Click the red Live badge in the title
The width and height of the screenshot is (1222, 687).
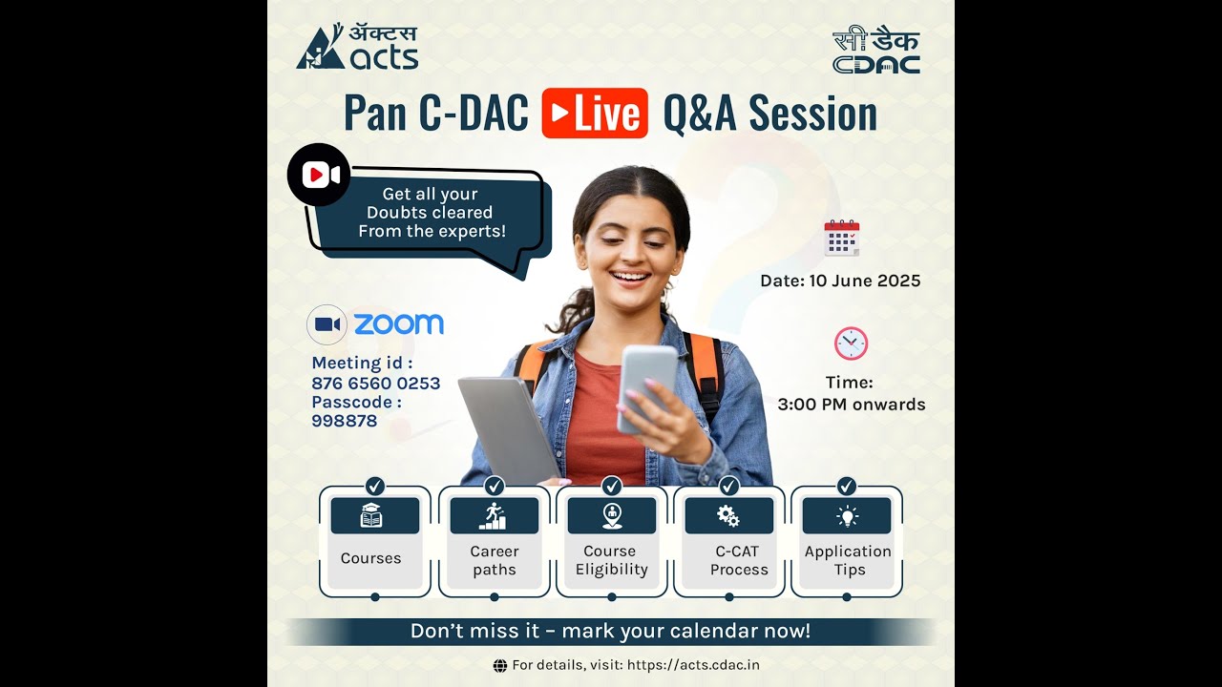595,114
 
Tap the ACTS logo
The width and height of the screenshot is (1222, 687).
357,48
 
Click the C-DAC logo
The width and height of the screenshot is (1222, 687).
875,52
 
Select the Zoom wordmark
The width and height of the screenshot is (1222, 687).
398,324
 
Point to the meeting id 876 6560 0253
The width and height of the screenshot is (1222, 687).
375,383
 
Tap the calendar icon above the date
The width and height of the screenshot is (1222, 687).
841,238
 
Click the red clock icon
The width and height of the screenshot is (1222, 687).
850,343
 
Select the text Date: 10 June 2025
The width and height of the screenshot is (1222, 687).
840,281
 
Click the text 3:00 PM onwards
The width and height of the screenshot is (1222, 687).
851,404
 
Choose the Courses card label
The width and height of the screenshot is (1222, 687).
370,558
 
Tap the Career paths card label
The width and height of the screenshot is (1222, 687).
494,560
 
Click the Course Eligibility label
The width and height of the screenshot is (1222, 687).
611,560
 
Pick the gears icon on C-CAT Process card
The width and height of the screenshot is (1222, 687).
728,516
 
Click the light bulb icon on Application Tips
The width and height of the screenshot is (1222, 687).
847,516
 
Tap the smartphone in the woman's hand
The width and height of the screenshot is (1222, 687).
646,386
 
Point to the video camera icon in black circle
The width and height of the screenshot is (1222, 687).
320,175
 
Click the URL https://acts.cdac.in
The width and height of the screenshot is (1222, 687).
693,665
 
